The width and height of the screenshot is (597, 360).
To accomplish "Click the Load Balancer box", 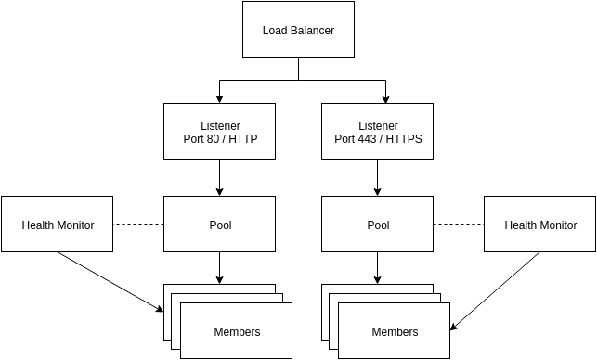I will pos(298,30).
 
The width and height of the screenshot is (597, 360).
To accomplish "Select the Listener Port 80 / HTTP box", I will pos(219,131).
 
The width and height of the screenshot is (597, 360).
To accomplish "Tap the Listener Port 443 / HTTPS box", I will pos(378,131).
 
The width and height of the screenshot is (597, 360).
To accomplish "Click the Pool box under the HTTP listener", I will pos(219,225).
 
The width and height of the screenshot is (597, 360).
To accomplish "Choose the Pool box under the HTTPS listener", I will pos(378,225).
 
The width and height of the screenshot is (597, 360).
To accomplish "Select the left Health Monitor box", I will pos(58,225).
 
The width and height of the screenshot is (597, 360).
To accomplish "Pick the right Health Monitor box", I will pos(539,225).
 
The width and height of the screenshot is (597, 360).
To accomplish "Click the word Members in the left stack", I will pos(237,331).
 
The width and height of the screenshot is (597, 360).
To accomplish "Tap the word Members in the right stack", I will pos(395,331).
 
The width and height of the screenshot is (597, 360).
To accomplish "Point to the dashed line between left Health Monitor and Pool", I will pos(138,225).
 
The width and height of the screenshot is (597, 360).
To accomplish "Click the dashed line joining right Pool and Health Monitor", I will pos(459,225).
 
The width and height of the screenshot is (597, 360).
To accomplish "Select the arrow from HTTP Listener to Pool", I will pos(219,177).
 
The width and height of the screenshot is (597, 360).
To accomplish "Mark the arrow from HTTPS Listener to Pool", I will pos(378,177).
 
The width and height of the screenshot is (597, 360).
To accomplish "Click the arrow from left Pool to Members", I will pos(219,267).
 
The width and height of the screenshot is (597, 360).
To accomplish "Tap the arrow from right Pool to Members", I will pos(378,267).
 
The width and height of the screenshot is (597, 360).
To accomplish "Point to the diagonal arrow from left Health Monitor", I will pos(107,280).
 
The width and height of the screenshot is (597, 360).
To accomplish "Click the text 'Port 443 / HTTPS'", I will pos(378,139).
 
